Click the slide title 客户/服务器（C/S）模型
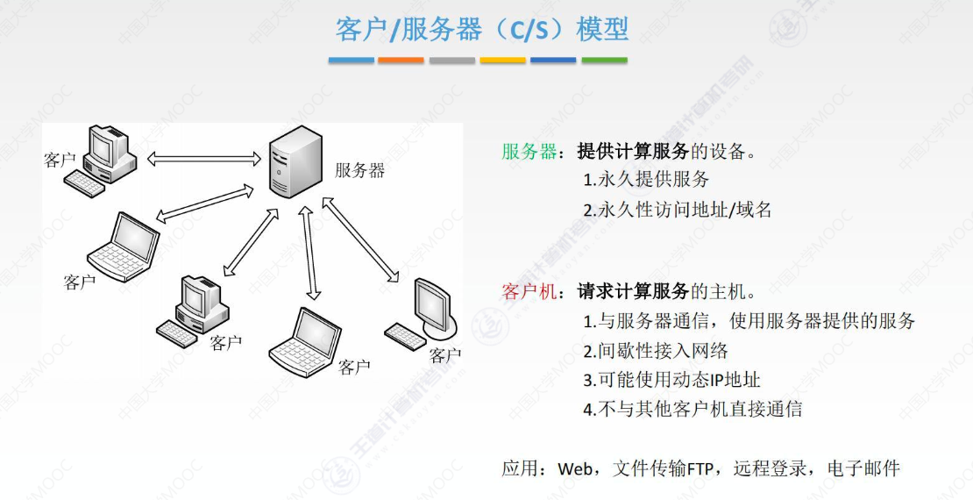[482, 29]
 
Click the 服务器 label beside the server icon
[359, 170]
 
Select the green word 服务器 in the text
[529, 151]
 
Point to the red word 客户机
[529, 291]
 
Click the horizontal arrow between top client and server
[204, 160]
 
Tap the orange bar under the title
[401, 61]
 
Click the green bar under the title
[605, 61]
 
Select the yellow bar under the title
[503, 61]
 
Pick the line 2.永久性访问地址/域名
[678, 210]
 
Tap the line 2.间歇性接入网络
[656, 351]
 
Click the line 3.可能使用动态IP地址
[671, 380]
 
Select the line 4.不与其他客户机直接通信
[692, 409]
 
